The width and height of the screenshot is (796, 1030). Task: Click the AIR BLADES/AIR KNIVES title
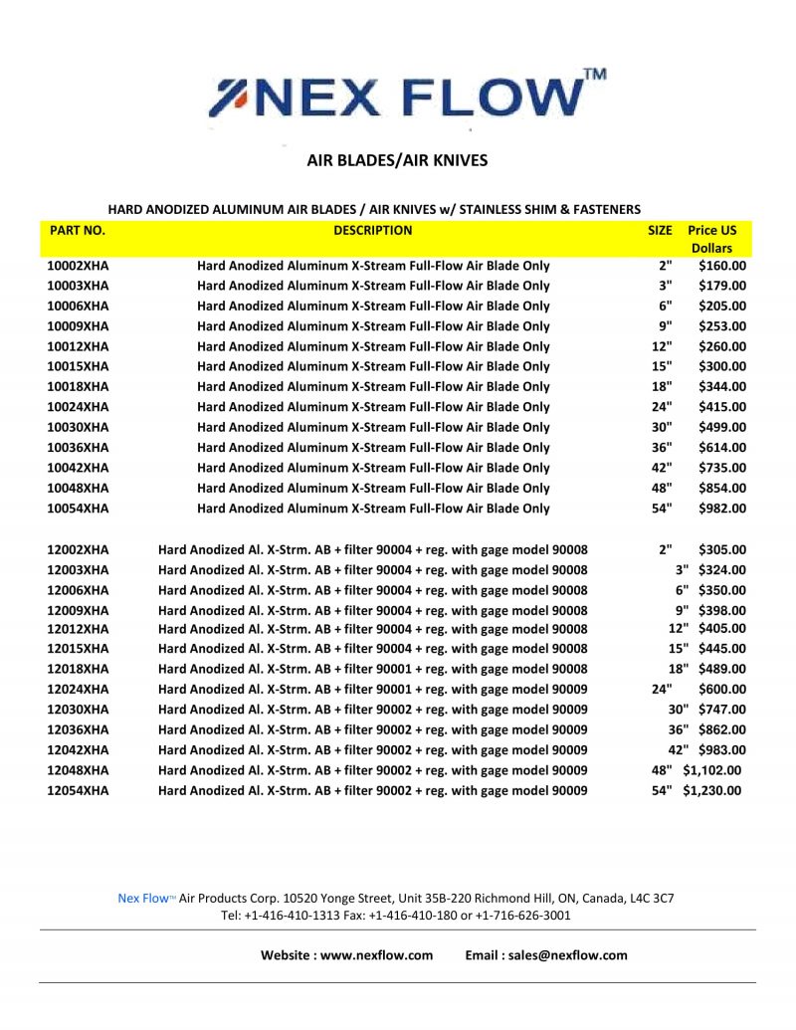pos(397,159)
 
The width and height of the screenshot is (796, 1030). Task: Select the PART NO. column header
pos(78,230)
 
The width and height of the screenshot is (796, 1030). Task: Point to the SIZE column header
pos(660,230)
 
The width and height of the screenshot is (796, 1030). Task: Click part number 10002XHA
pos(78,266)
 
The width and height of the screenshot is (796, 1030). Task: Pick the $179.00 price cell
pos(722,286)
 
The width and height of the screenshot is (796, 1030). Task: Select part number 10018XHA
pos(78,387)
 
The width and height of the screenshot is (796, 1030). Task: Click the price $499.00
pos(722,427)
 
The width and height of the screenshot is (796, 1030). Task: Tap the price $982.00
pos(722,509)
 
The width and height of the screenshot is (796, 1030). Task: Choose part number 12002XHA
pos(78,549)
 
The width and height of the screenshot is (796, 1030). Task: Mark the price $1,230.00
pos(711,790)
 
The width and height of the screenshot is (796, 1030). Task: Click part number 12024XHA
pos(78,690)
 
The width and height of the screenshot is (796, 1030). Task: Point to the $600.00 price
pos(722,690)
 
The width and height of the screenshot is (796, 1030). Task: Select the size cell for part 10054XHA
pos(662,509)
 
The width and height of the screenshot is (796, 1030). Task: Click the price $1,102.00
pos(711,770)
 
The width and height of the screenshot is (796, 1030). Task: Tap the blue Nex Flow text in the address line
pos(143,898)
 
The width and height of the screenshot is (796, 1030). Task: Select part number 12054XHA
pos(78,790)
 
